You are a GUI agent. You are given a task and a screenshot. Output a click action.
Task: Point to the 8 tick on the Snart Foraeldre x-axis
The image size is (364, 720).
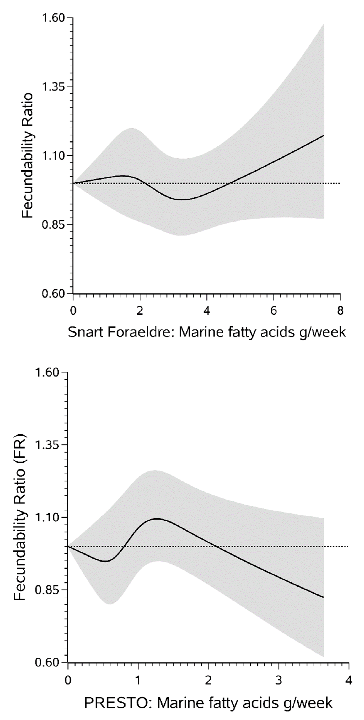tap(340, 311)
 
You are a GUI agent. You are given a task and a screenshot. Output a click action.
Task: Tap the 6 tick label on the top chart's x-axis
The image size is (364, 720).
tap(273, 311)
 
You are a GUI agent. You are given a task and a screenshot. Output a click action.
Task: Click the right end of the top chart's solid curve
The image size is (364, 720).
tap(324, 135)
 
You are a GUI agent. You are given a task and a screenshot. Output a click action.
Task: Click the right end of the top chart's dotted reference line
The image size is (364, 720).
tap(339, 183)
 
